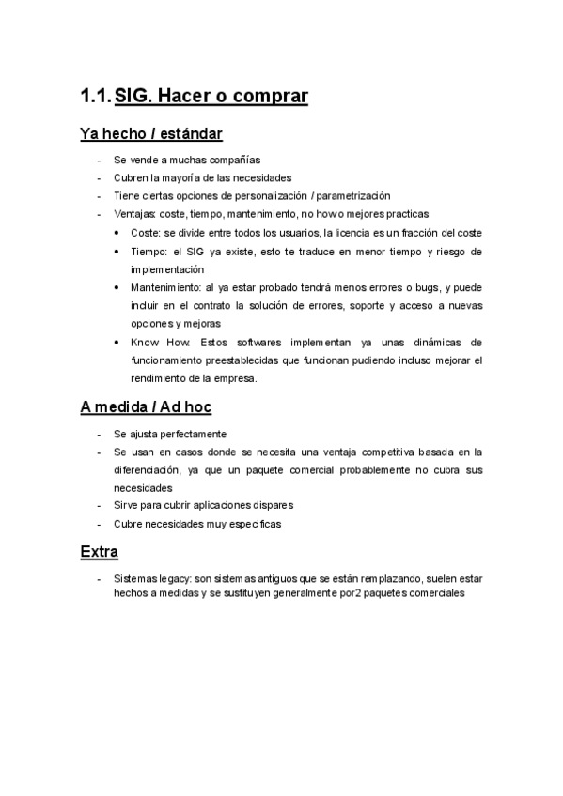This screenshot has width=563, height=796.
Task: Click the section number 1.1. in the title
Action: [x=95, y=96]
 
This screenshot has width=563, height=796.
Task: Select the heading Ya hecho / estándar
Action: [x=151, y=134]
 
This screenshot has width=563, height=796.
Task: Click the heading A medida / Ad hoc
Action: [x=146, y=406]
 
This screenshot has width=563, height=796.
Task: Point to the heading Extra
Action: [x=99, y=552]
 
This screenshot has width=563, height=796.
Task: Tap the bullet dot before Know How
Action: [x=116, y=343]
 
